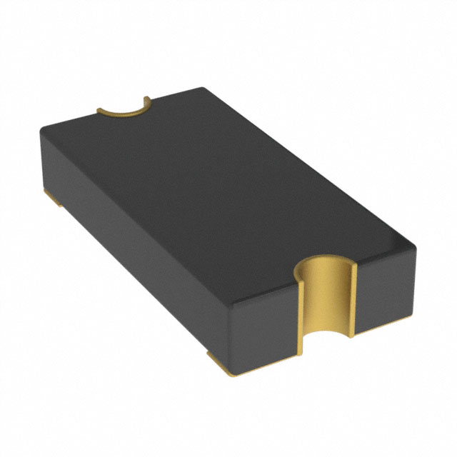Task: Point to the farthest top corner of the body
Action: coord(204,89)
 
